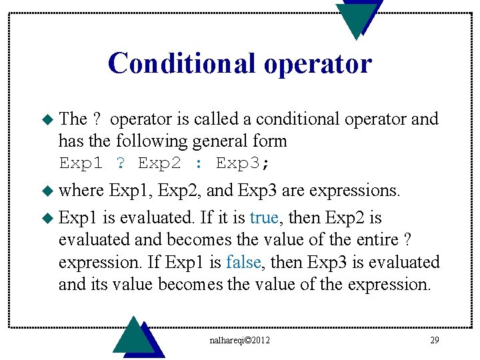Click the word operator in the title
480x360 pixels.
point(317,63)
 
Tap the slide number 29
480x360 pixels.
point(434,341)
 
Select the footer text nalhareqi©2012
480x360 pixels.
point(241,341)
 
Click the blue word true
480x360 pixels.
point(265,218)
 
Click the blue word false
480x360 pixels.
point(243,262)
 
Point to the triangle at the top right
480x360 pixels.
point(359,17)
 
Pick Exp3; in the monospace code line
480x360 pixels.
point(243,163)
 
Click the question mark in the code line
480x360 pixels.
point(121,163)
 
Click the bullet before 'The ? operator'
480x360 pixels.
point(47,119)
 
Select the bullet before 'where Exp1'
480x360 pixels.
point(47,191)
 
